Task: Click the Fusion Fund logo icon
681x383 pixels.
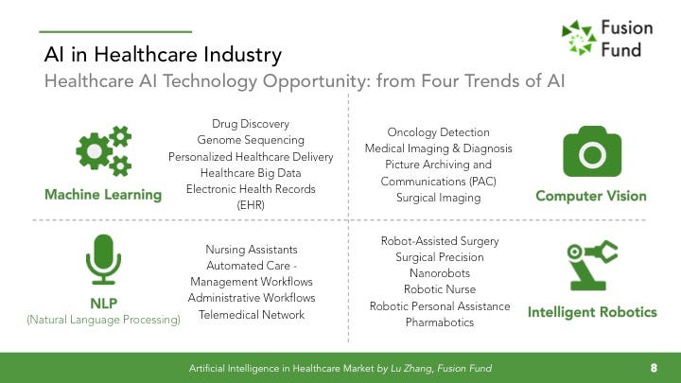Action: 579,38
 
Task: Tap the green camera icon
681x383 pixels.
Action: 592,151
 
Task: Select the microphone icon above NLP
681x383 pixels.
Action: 103,259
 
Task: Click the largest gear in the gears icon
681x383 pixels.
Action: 94,151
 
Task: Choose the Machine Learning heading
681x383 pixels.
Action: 103,195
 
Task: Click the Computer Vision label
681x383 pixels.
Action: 591,196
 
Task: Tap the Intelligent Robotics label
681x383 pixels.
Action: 592,312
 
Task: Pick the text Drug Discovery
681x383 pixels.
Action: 251,124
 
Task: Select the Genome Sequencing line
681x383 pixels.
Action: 251,140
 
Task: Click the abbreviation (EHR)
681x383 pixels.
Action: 251,205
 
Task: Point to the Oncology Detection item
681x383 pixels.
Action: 438,132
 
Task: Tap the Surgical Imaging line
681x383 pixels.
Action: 438,198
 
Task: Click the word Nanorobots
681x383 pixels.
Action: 440,273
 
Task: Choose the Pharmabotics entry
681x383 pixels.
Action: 440,322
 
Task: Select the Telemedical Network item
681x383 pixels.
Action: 252,314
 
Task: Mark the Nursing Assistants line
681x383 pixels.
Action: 252,250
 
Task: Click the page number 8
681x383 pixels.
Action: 654,368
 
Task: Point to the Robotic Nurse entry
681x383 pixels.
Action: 440,289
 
